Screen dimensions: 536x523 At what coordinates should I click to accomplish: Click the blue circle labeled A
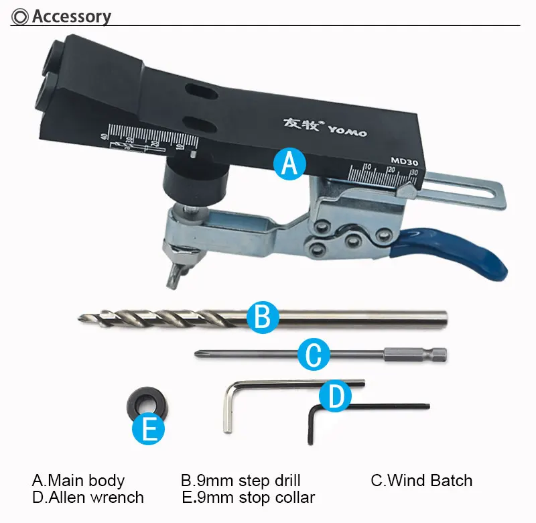pyautogui.click(x=290, y=164)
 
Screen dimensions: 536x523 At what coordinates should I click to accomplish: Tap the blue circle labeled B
pyautogui.click(x=263, y=317)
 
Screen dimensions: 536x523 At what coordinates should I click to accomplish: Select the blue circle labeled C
pyautogui.click(x=314, y=355)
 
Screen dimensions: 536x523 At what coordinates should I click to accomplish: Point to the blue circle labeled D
pyautogui.click(x=336, y=396)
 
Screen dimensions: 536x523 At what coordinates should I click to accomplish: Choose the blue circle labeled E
pyautogui.click(x=148, y=428)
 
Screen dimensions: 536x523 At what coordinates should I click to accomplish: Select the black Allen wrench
pyautogui.click(x=311, y=424)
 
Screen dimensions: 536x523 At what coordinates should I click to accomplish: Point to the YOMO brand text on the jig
pyautogui.click(x=348, y=131)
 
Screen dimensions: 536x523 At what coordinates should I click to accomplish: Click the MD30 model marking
pyautogui.click(x=405, y=161)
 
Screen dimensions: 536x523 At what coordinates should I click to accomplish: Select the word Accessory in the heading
pyautogui.click(x=72, y=16)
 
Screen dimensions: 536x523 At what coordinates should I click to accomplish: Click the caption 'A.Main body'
pyautogui.click(x=78, y=480)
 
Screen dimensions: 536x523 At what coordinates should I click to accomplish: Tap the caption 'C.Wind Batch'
pyautogui.click(x=421, y=480)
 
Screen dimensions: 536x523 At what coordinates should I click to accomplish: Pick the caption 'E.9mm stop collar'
pyautogui.click(x=248, y=498)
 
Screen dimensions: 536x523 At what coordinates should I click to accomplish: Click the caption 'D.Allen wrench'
pyautogui.click(x=88, y=498)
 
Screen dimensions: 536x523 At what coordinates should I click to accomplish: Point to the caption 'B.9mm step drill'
pyautogui.click(x=241, y=481)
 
